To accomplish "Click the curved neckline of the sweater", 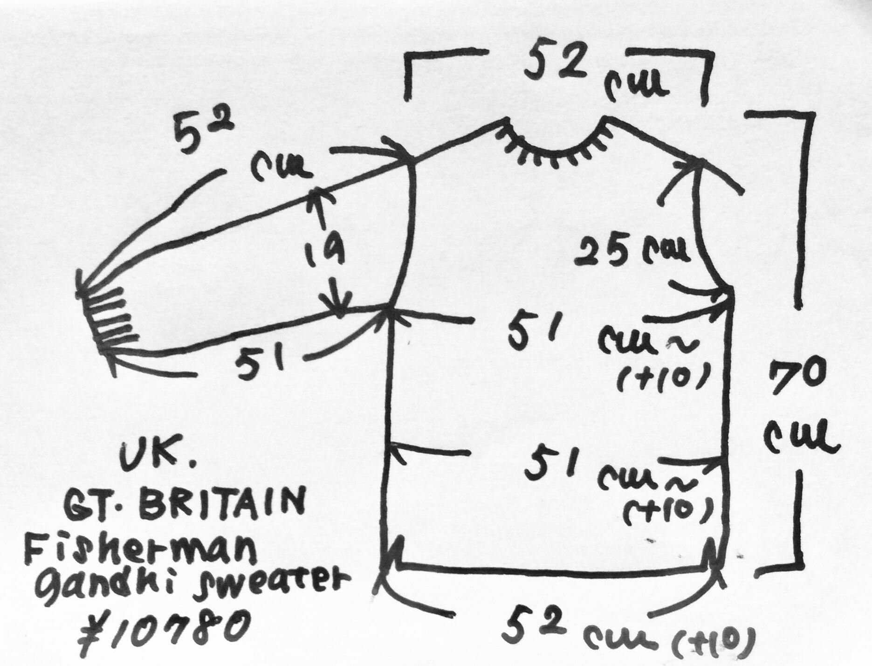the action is click(555, 151).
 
